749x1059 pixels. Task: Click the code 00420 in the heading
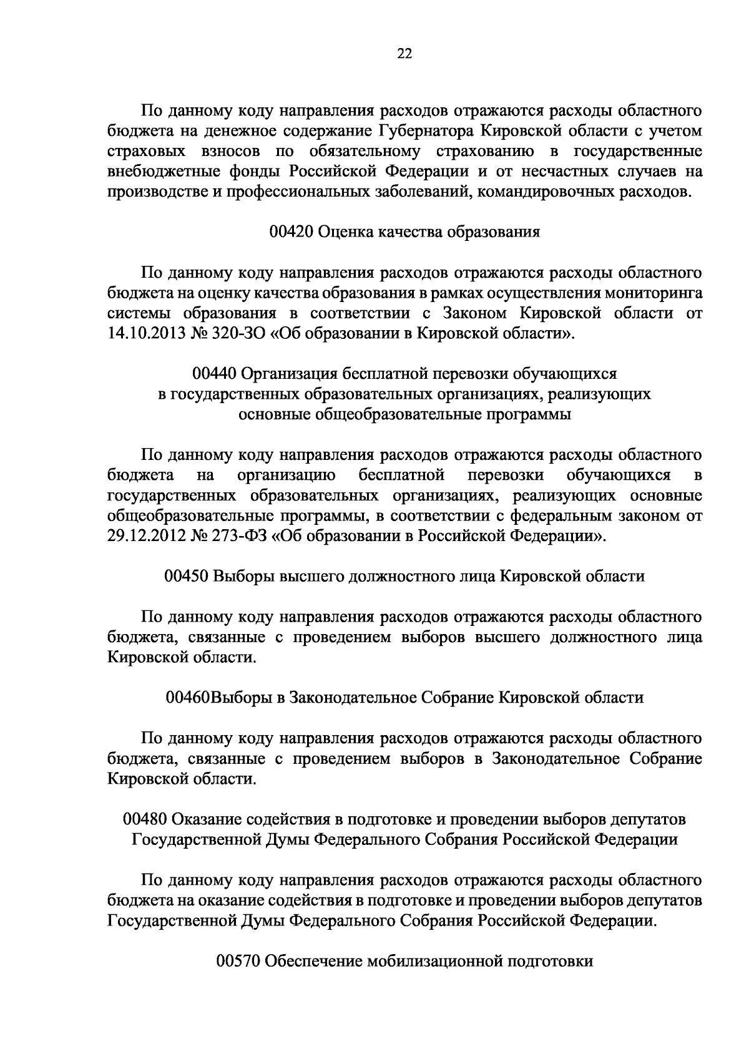coord(291,232)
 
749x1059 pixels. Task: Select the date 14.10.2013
coord(144,333)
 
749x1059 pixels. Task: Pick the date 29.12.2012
coord(144,535)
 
